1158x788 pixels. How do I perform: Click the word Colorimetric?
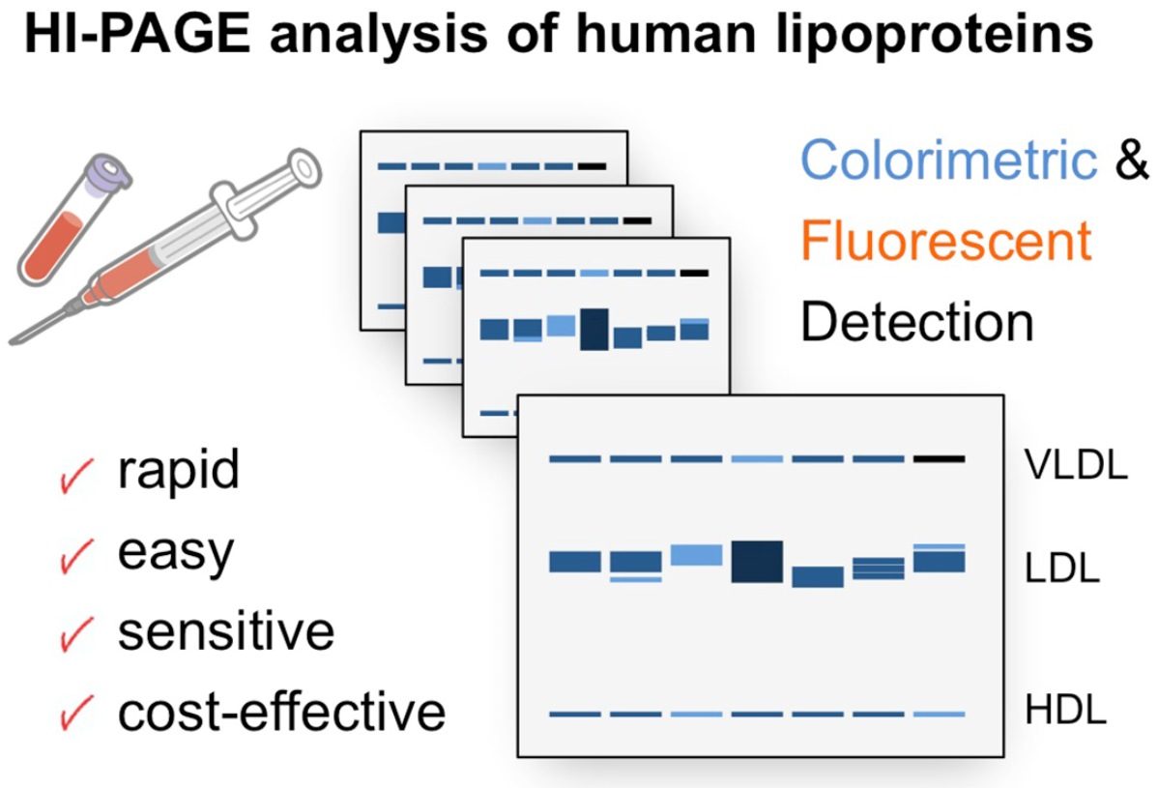948,161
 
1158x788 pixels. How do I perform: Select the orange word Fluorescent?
946,242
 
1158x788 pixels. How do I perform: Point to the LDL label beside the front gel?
1061,568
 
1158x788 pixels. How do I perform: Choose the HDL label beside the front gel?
1063,714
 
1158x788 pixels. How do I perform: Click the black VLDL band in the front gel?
940,458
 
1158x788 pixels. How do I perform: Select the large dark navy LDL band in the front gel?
757,562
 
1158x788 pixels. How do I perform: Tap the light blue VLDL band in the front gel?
757,458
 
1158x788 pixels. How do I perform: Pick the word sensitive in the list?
226,631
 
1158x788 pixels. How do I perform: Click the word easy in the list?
176,553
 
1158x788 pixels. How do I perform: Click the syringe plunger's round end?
303,165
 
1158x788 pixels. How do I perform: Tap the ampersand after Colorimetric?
1132,161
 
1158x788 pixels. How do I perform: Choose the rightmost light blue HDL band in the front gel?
940,715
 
